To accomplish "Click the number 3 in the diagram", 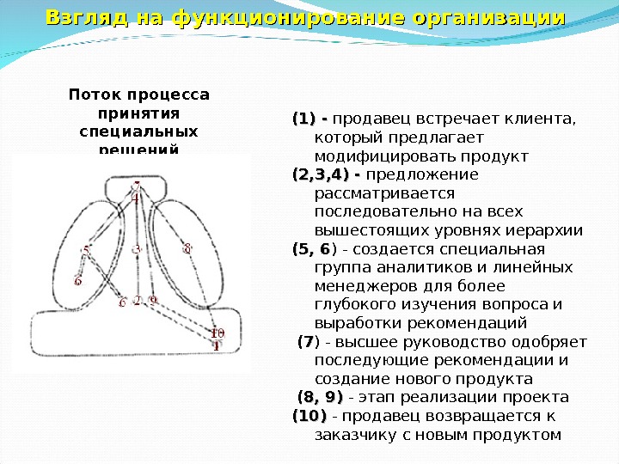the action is point(137,248).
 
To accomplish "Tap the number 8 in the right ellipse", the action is point(187,248).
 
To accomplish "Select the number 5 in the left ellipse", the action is point(86,251).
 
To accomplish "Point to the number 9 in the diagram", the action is point(152,301).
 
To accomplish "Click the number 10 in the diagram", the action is point(218,333).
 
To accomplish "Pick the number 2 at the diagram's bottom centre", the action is point(138,301).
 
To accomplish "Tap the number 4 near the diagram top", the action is point(135,197).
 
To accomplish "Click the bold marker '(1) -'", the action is point(309,119).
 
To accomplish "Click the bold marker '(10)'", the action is point(309,416).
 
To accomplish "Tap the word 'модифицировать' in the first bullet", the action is point(372,156).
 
